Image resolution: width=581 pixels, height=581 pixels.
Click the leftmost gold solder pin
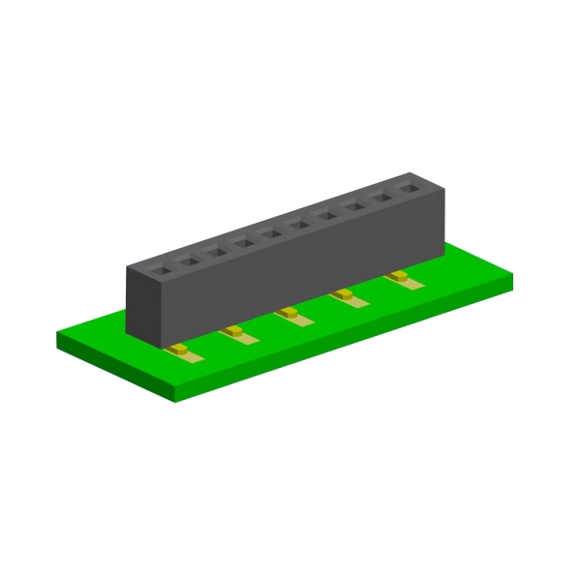pyautogui.click(x=181, y=350)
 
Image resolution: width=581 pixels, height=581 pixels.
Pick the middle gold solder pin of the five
pyautogui.click(x=290, y=314)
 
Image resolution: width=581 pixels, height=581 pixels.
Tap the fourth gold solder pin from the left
pyautogui.click(x=344, y=295)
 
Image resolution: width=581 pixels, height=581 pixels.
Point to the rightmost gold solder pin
pyautogui.click(x=398, y=279)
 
